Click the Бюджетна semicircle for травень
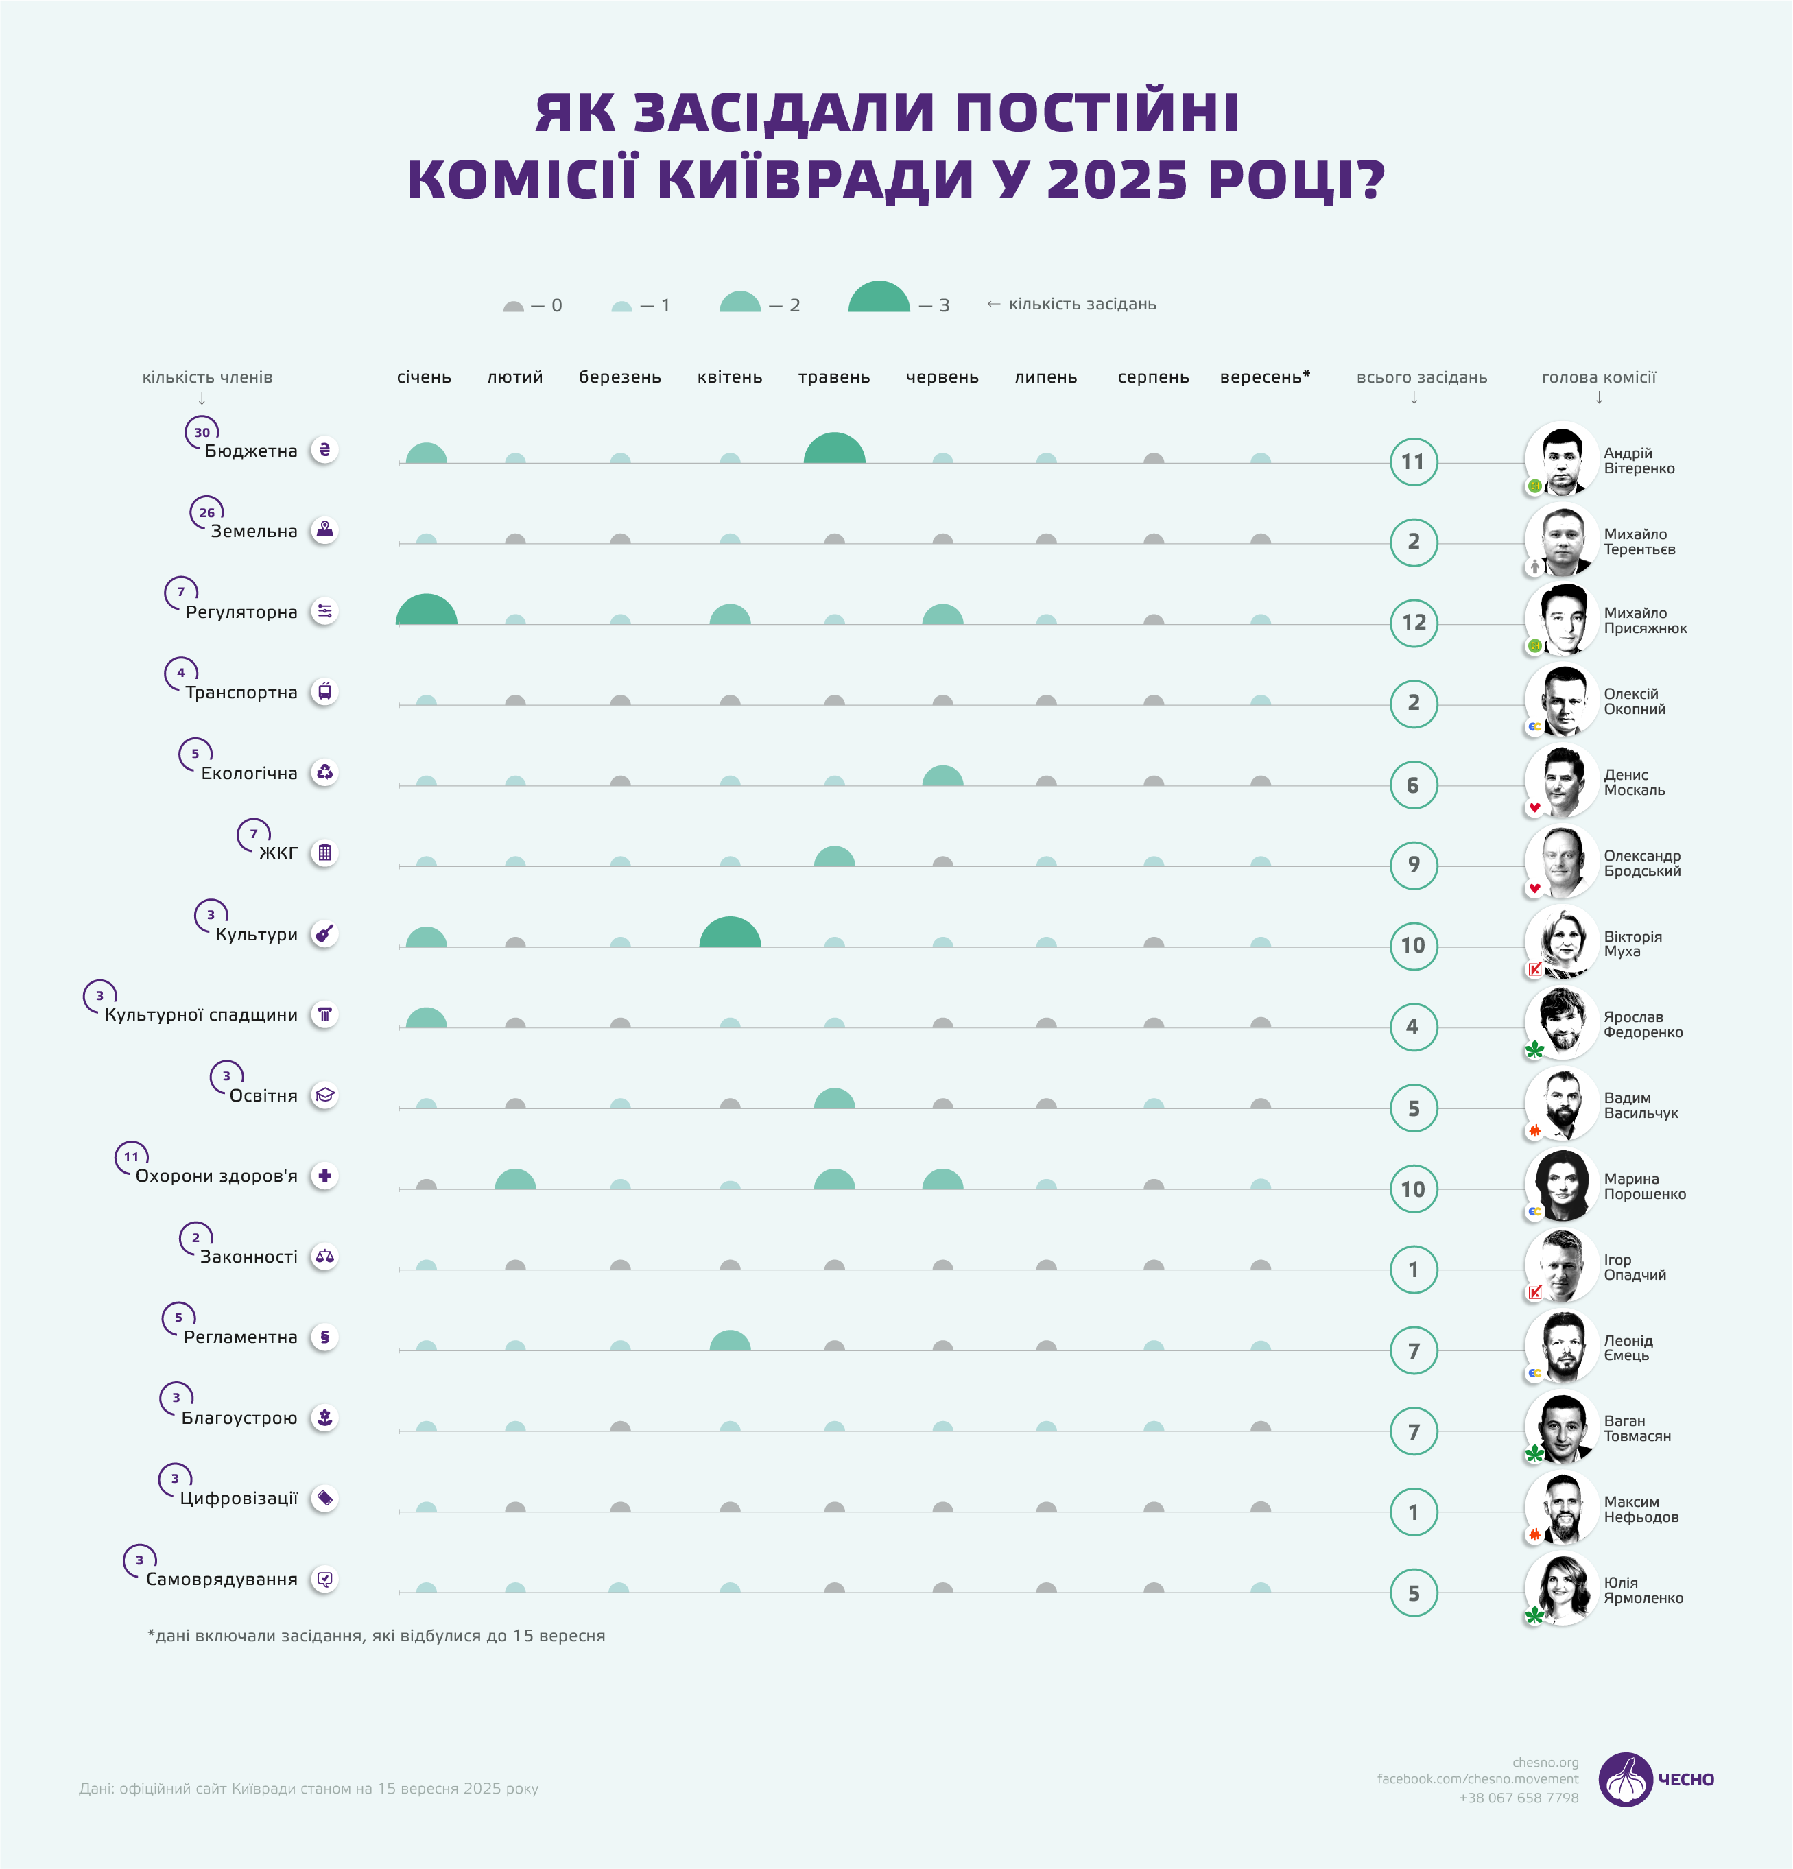[835, 449]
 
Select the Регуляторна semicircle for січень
[427, 610]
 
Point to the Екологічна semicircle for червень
[942, 776]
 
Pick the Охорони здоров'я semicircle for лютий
[515, 1180]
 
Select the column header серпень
[1153, 377]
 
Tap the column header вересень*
[1265, 377]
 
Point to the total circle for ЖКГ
[1414, 865]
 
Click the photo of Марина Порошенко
[1561, 1185]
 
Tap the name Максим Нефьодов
[1641, 1508]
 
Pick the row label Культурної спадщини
[201, 1014]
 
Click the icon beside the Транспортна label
[325, 691]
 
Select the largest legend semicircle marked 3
[879, 298]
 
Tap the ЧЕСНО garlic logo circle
[1625, 1779]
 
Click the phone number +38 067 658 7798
[1519, 1798]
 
